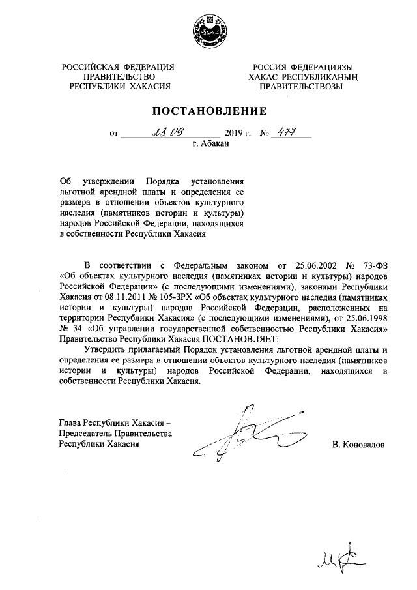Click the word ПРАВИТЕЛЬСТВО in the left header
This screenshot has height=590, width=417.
pos(118,76)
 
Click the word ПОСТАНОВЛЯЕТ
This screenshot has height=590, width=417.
pos(239,340)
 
